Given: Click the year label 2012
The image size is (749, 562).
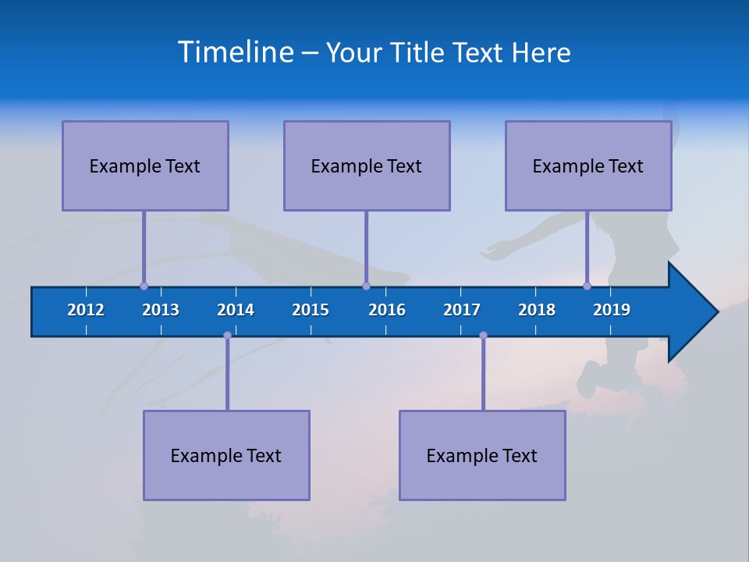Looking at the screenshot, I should (x=86, y=310).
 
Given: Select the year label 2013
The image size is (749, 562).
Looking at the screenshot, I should (x=161, y=310).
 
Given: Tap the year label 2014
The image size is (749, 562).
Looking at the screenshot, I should (x=236, y=310).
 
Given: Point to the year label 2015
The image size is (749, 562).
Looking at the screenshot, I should (x=311, y=310).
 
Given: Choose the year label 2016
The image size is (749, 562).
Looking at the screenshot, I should (x=387, y=310).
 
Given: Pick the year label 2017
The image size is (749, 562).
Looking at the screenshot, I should (x=462, y=310).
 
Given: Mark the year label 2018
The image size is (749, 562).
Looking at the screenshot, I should (x=537, y=310).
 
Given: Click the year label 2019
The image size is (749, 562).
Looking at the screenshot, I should (x=612, y=310).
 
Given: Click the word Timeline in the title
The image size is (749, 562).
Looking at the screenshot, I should (x=236, y=52).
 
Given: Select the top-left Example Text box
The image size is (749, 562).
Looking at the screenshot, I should (x=145, y=165).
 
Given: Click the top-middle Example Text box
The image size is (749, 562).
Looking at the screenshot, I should (x=367, y=165).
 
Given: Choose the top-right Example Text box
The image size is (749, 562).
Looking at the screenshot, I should (x=588, y=165).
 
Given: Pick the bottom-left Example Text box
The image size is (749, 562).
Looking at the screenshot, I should (x=226, y=455).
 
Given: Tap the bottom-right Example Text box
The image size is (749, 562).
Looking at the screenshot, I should (x=482, y=455).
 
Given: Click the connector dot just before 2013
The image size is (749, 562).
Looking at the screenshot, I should (x=144, y=286).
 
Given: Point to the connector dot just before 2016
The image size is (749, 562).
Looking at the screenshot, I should (x=366, y=286).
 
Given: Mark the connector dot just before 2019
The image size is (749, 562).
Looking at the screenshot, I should (x=587, y=286).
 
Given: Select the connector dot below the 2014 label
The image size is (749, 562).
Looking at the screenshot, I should (x=227, y=335).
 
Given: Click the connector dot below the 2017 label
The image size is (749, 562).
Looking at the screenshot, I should (x=483, y=335).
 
